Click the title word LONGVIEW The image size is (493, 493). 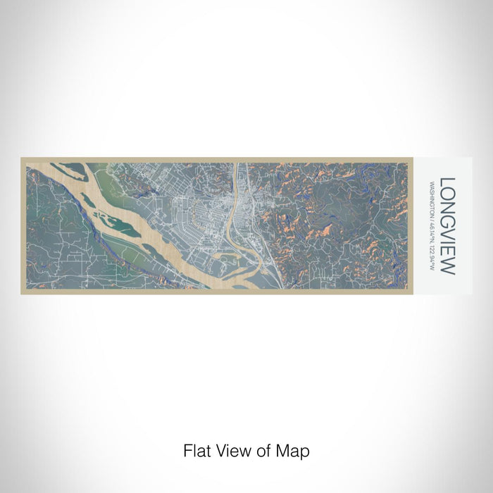tap(448, 226)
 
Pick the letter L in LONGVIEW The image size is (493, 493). tap(448, 181)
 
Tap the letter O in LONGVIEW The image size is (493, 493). tap(448, 193)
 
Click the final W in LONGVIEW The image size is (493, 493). tap(448, 267)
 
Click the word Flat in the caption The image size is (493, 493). tap(196, 449)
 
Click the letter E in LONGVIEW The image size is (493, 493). tap(448, 253)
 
